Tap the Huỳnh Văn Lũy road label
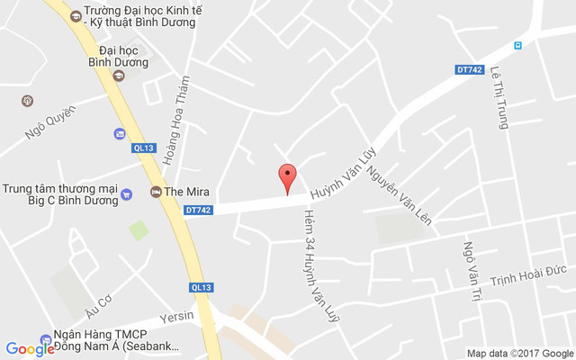(x=341, y=171)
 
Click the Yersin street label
(x=176, y=317)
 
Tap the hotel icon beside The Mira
(x=156, y=192)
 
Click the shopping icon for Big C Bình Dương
(x=127, y=193)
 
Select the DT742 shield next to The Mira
(x=198, y=211)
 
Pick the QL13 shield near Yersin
(x=201, y=287)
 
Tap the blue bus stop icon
(x=517, y=45)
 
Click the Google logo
(x=30, y=349)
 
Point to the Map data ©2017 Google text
(x=519, y=353)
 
